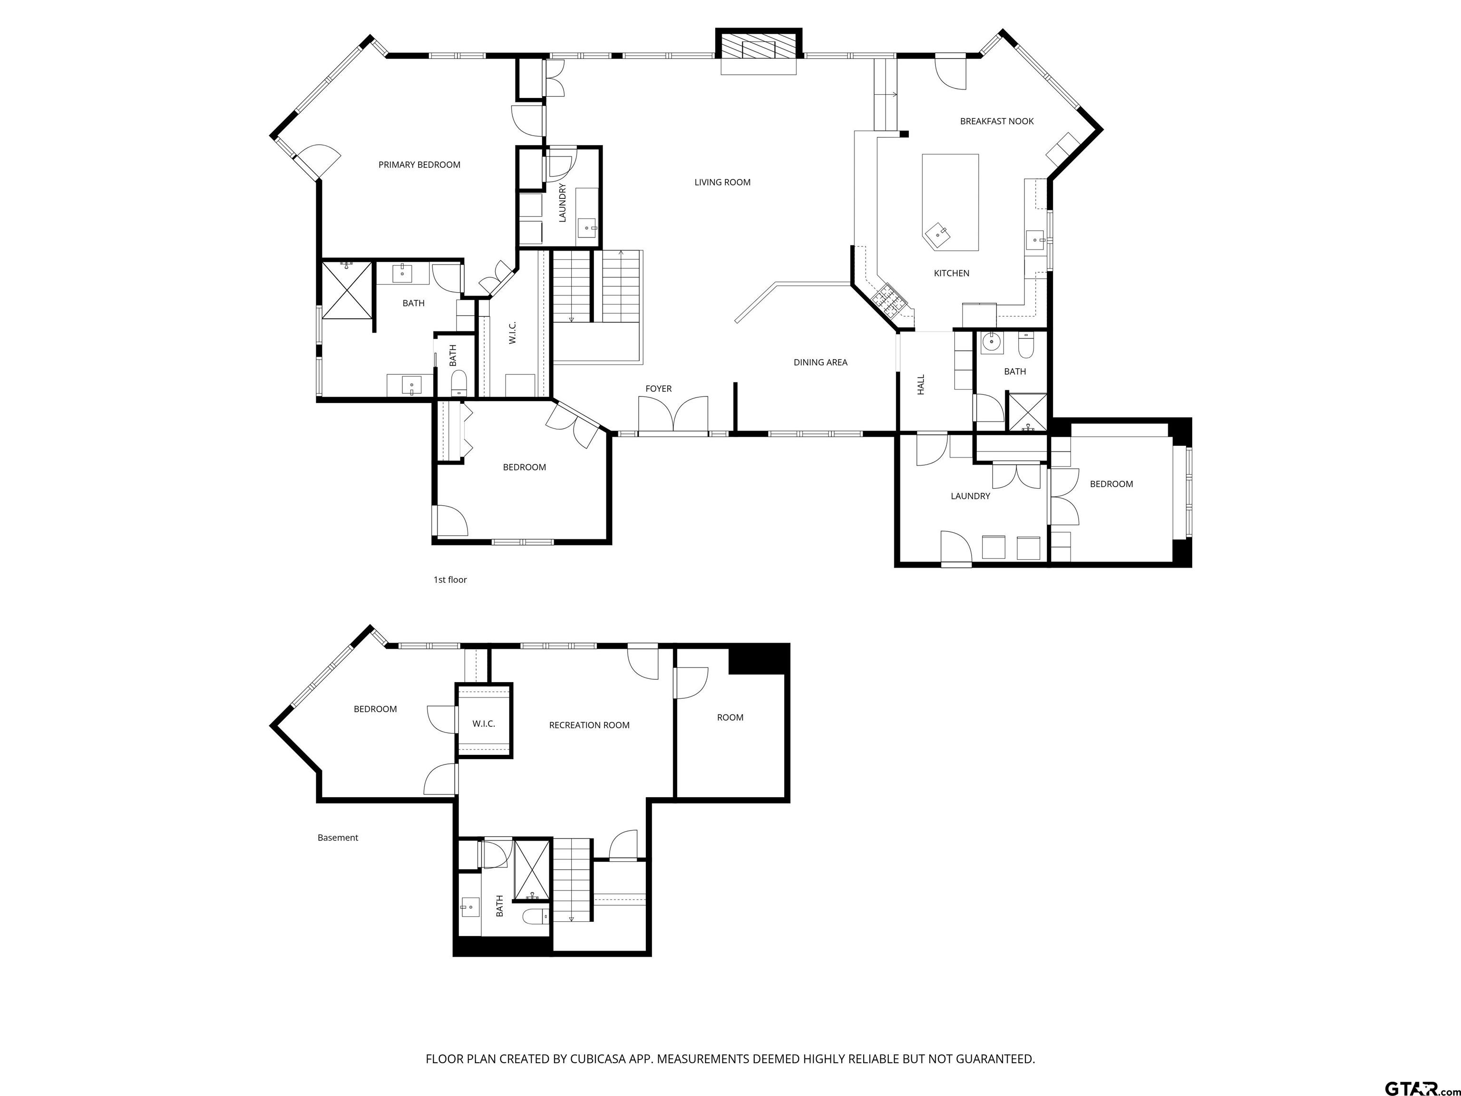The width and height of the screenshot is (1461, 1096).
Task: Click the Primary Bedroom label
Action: [419, 165]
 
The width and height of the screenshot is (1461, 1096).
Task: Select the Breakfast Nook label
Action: [997, 121]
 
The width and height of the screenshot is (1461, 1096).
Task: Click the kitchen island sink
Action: [937, 234]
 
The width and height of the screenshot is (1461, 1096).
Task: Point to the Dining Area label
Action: [820, 362]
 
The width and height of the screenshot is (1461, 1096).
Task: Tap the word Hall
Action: [921, 384]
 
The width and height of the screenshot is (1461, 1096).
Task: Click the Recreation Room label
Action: [589, 725]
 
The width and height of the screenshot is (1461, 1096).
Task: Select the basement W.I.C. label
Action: [484, 724]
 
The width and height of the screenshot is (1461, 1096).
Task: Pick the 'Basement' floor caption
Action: [338, 838]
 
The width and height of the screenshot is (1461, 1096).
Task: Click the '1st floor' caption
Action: [450, 579]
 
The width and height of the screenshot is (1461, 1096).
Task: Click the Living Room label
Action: [722, 182]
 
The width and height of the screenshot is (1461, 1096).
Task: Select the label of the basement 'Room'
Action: [730, 717]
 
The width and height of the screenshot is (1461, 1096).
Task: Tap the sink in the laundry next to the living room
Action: [587, 228]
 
